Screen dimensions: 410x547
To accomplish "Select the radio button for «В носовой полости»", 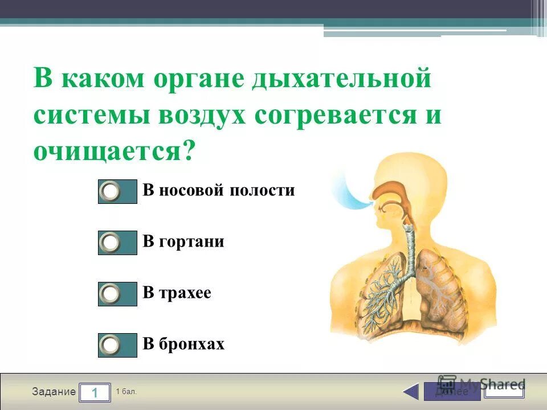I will click(x=110, y=191).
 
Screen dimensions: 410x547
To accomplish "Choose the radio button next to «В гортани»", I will click(x=110, y=243).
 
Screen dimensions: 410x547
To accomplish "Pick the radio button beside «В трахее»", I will click(x=110, y=294).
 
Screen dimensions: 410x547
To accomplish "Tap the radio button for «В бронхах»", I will click(x=110, y=345).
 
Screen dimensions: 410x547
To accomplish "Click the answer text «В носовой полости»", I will click(x=218, y=190).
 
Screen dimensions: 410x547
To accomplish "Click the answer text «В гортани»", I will click(x=183, y=241).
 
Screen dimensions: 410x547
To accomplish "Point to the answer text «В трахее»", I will click(x=177, y=293).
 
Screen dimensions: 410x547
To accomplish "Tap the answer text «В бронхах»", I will click(x=183, y=344).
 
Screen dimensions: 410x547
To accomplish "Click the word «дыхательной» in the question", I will click(x=341, y=78).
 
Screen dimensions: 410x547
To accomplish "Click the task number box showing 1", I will click(x=95, y=392).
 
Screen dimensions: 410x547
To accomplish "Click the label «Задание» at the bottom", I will click(x=54, y=392).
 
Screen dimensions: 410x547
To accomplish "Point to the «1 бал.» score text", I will click(x=126, y=392).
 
